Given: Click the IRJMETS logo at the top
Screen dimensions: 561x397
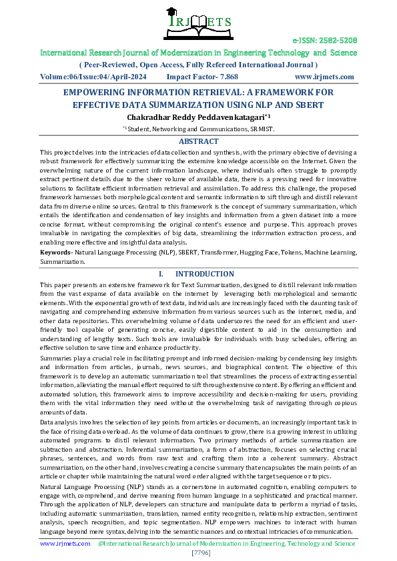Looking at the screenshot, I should [199, 22].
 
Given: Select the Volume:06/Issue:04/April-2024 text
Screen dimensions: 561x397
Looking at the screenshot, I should [90, 77].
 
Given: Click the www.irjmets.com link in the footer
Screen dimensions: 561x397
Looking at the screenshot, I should [65, 544].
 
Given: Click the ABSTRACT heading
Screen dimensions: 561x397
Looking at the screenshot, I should [198, 141].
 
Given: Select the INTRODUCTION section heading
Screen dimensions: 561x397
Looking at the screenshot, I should [204, 274].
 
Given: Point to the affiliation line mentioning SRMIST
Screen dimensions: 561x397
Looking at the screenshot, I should [198, 129].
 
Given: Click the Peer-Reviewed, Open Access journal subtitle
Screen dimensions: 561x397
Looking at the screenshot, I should [198, 65].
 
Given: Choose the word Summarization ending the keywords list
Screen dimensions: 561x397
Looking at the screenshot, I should [62, 262].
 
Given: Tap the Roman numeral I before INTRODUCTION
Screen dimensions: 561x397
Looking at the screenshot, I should [160, 274].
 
